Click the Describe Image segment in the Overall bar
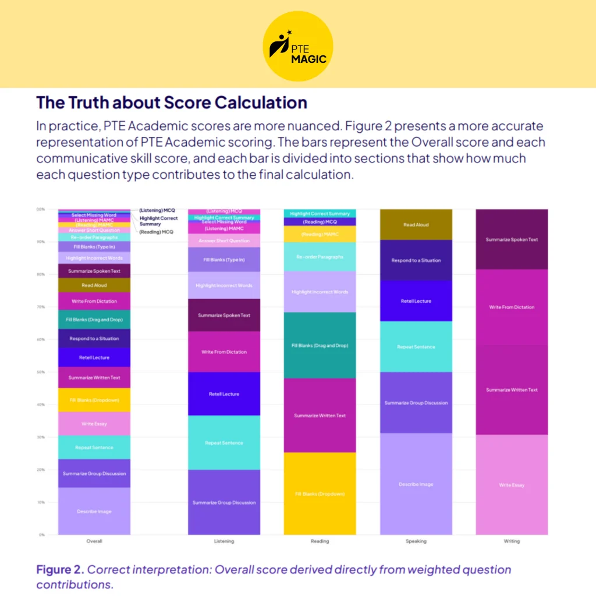coord(94,511)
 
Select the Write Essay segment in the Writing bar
coord(512,484)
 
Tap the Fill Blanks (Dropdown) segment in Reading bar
coord(320,494)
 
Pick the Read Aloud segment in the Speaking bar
coord(416,225)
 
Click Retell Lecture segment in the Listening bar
coord(224,394)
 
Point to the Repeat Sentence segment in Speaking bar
coord(416,347)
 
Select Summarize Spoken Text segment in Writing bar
coord(512,239)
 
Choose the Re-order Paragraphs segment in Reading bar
coord(320,257)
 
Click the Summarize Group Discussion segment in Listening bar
coord(224,502)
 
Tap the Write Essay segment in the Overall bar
coord(94,424)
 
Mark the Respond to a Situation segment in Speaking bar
coord(416,260)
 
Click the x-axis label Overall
coord(94,541)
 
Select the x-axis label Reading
coord(320,541)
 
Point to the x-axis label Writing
coord(512,541)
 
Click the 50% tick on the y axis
coord(41,372)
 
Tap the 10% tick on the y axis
coord(41,502)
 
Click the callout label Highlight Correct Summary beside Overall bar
coord(158,221)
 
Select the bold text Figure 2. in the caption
coord(59,569)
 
